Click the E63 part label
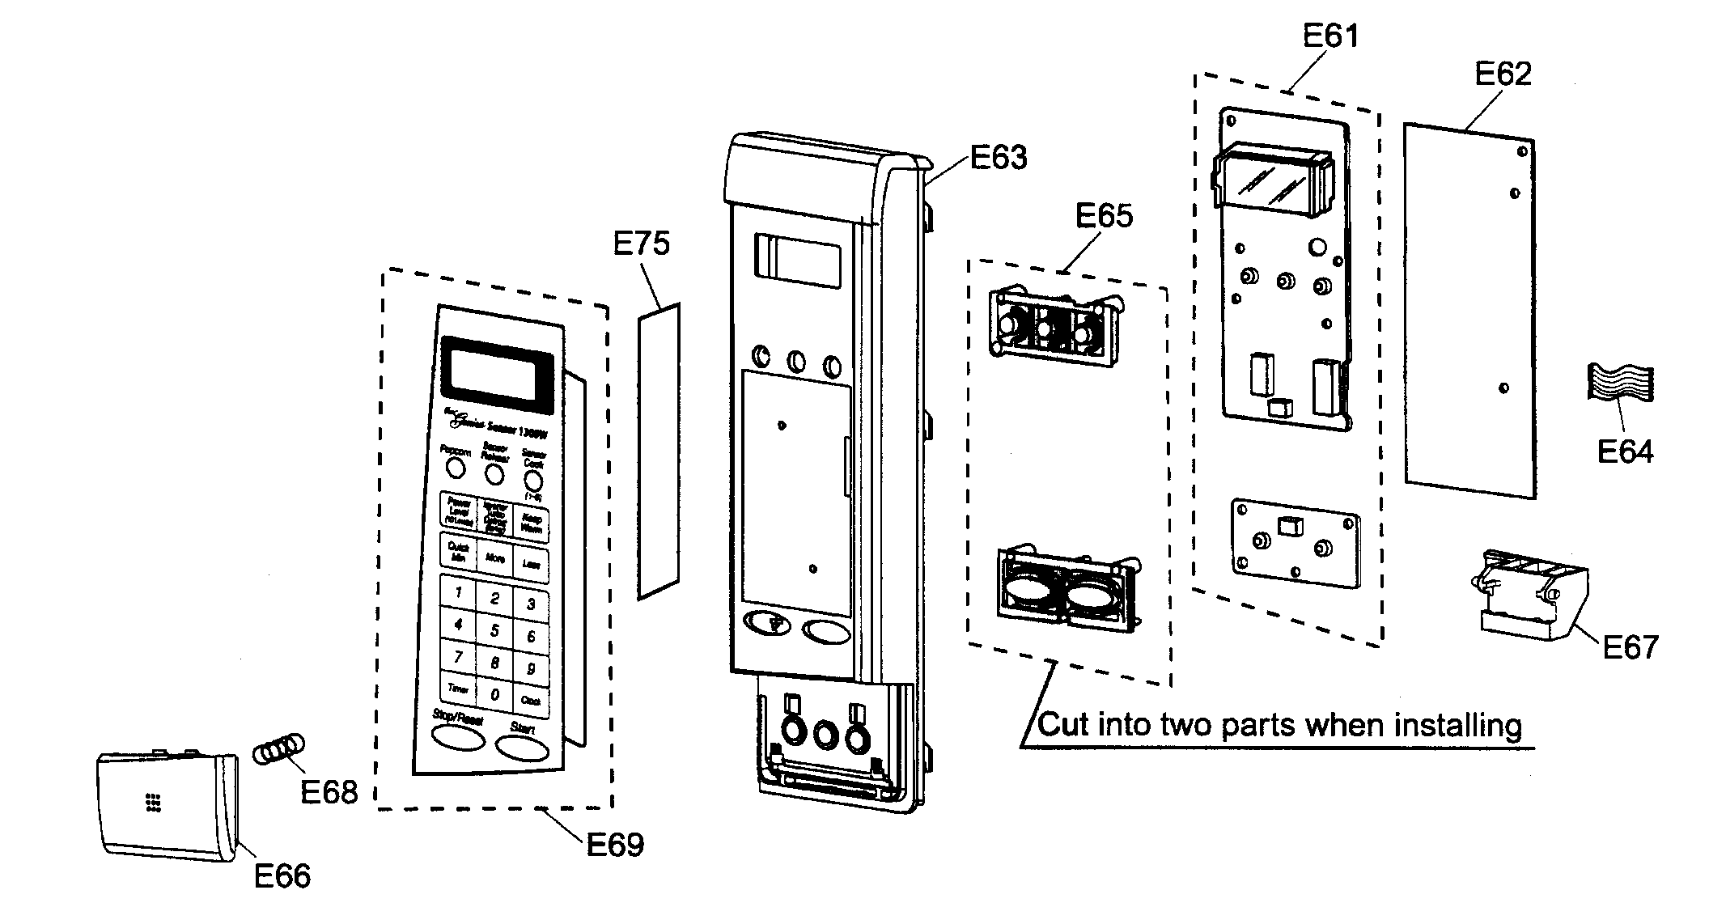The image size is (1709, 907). click(999, 157)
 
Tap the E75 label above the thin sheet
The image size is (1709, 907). click(641, 243)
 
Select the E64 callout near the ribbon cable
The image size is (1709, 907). click(1625, 451)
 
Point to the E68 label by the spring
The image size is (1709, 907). click(329, 792)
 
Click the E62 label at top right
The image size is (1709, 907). click(1503, 74)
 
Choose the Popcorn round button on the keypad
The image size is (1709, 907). click(456, 468)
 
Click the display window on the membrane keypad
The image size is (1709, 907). click(496, 373)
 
